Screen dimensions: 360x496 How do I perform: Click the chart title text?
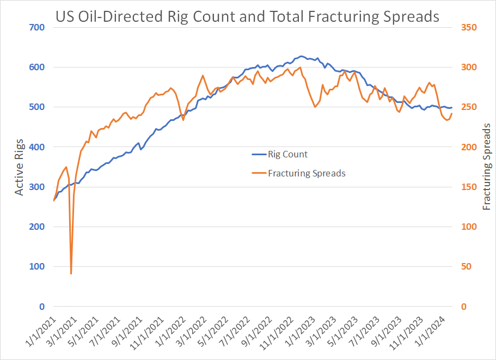tap(247, 17)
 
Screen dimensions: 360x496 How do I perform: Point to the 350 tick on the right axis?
tap(469, 27)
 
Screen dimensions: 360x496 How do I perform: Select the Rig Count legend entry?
tap(287, 154)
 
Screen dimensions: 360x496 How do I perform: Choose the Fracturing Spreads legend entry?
tap(307, 173)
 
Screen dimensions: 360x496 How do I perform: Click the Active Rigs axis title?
tap(19, 167)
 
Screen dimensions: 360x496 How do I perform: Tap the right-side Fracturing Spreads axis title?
tap(487, 167)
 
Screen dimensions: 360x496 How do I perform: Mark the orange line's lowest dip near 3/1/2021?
tap(71, 273)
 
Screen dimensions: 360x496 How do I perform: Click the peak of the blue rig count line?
tap(302, 56)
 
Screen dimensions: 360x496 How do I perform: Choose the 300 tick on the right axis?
tap(469, 67)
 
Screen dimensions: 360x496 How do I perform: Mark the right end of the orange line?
tap(452, 113)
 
